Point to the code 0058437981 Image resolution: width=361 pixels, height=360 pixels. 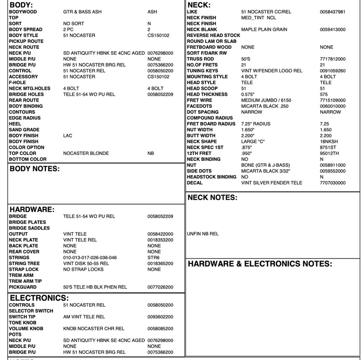tap(333, 12)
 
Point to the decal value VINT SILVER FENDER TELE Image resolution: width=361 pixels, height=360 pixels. tap(270, 183)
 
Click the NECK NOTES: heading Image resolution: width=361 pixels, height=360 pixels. tap(212, 197)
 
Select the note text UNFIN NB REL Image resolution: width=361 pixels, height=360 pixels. tap(203, 234)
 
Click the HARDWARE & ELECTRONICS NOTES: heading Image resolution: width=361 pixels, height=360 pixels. tap(260, 264)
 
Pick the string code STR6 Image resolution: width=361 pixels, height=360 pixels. tap(153, 257)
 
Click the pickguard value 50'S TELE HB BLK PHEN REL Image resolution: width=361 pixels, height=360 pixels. tap(95, 287)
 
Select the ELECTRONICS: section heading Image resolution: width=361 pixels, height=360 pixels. tap(39, 298)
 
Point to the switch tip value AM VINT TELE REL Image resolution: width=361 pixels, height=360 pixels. tap(84, 317)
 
